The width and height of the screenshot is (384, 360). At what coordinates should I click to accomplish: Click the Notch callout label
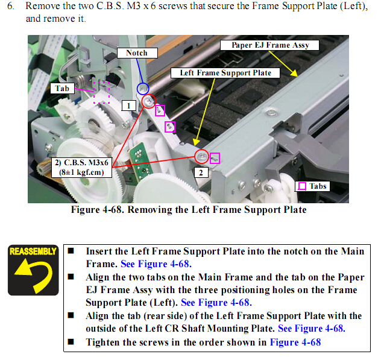coord(137,53)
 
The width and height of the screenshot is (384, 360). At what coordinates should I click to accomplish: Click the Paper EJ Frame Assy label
coord(269,45)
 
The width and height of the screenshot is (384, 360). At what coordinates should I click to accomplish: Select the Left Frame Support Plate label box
coord(225,73)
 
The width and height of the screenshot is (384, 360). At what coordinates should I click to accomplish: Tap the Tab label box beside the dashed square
coord(62,88)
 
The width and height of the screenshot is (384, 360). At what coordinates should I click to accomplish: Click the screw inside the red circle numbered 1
coord(148,101)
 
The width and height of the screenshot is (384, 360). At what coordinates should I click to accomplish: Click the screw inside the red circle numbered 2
coord(202,156)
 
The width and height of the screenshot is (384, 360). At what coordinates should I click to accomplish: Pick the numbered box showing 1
coord(129,106)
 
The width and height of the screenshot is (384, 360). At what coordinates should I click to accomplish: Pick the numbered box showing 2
coord(201,172)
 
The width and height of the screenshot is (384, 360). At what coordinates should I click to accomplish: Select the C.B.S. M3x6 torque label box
coord(81,168)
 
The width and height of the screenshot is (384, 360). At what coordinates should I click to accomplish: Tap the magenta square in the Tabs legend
coord(302,186)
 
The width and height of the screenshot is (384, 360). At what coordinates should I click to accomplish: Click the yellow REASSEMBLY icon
coord(33,270)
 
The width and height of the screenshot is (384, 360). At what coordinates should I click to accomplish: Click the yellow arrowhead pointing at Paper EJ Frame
coord(294,73)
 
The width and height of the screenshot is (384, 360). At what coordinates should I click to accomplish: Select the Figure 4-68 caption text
coord(189,210)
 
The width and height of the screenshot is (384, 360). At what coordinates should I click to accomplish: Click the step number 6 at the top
coord(10,6)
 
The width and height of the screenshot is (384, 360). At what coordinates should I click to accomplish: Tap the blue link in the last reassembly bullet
coord(295,342)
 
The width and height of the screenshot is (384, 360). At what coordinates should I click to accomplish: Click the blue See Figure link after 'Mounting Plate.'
coord(312,329)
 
